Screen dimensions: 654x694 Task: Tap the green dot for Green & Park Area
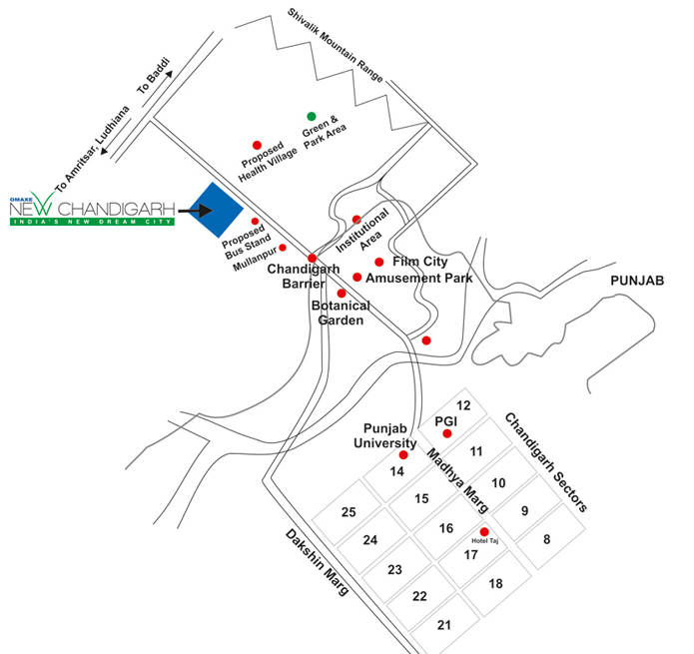(x=312, y=117)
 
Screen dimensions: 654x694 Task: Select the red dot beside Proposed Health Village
(x=257, y=146)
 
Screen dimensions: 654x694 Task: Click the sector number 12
(x=462, y=405)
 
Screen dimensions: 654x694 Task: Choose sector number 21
(x=444, y=626)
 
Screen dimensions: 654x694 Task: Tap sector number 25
(x=348, y=512)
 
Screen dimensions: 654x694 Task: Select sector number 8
(x=546, y=539)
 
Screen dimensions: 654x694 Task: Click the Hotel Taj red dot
(x=484, y=531)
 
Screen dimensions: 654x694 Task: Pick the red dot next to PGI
(x=447, y=434)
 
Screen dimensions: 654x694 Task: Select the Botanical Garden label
(x=341, y=313)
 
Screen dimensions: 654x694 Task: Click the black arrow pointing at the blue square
(x=193, y=211)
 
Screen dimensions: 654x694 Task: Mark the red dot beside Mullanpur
(x=283, y=248)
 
